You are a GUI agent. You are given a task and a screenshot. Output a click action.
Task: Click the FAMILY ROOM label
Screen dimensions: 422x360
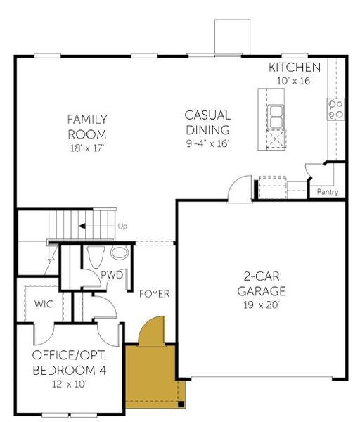pos(86,127)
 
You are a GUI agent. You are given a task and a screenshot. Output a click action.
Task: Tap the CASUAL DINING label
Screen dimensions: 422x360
pos(207,122)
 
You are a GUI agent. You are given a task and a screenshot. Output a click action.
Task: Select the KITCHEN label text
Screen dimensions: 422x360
pos(295,68)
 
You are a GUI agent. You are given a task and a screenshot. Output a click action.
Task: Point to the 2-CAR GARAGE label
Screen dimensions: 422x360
pos(260,283)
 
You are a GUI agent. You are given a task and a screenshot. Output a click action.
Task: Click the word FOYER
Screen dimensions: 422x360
pos(153,293)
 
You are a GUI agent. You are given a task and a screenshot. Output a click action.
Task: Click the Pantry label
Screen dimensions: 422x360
pos(328,192)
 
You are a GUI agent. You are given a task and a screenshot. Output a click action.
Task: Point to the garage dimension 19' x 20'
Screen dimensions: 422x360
pos(260,305)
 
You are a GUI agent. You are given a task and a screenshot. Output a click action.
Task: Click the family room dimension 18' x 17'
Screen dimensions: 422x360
pos(86,148)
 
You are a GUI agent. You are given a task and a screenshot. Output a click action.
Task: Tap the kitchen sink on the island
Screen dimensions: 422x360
pos(276,113)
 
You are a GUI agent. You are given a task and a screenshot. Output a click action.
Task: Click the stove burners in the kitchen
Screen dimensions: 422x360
pos(336,108)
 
